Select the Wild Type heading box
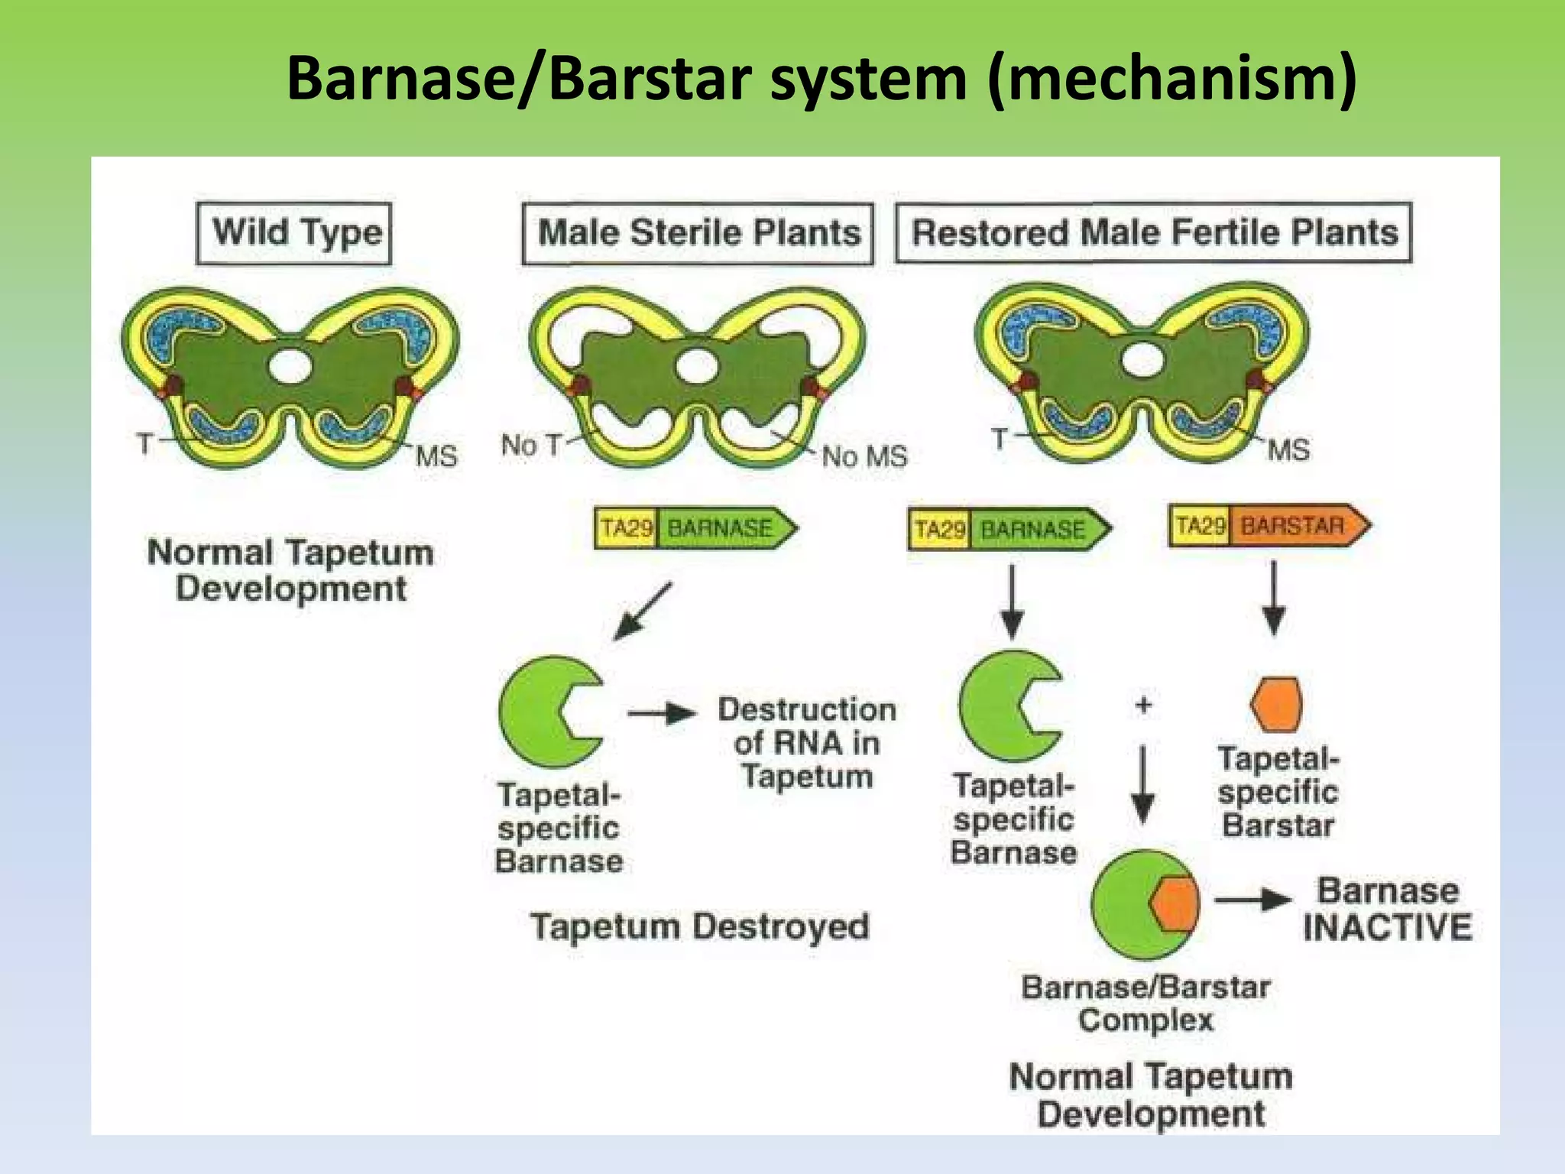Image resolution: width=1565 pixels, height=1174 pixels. [294, 232]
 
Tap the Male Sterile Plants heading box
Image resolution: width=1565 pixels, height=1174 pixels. [698, 232]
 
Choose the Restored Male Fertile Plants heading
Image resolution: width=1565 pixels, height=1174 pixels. [1154, 232]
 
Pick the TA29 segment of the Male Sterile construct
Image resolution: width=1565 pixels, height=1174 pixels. [626, 528]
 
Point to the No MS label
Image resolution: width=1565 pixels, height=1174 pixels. [864, 456]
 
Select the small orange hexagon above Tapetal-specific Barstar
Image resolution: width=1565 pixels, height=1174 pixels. [1277, 704]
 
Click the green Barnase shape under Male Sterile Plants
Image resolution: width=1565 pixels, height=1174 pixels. [544, 712]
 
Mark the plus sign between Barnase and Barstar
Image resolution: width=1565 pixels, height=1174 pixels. [1143, 704]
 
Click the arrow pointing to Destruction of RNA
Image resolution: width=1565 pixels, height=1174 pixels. [662, 714]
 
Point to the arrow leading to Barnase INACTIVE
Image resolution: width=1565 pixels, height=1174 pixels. [1252, 900]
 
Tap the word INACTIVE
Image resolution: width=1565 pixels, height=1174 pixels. [1387, 927]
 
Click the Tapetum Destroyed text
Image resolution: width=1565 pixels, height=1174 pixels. [700, 926]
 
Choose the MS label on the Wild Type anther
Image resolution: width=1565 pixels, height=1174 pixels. [436, 456]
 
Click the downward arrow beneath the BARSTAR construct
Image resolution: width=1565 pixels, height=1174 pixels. [1273, 598]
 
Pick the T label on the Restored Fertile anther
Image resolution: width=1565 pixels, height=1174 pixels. [999, 439]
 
